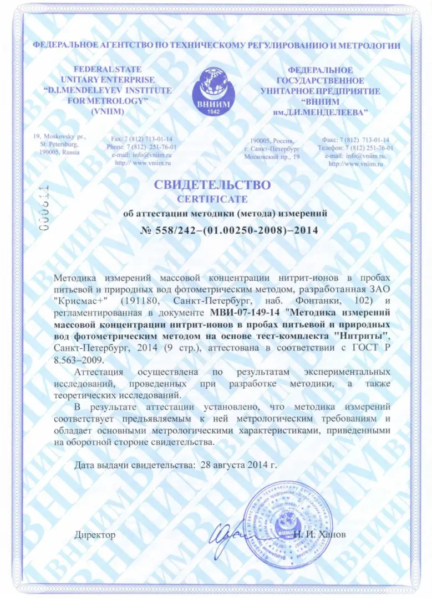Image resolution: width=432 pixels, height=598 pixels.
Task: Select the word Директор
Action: point(95,534)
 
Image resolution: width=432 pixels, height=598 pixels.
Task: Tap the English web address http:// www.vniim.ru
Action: point(143,163)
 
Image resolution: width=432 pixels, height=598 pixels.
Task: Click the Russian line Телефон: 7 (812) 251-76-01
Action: point(355,148)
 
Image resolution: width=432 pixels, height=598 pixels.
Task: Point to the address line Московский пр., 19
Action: point(272,157)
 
